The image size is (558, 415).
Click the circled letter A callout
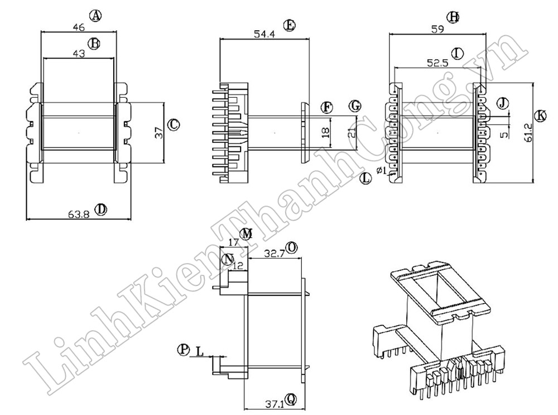point(97,16)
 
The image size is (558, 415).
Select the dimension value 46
point(78,26)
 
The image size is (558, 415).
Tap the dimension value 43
point(78,54)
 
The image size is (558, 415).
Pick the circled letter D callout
point(100,209)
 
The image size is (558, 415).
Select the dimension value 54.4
point(264,34)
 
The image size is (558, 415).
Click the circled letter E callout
point(288,25)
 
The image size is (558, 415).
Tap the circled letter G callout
point(355,106)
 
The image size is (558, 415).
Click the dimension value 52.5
point(438,63)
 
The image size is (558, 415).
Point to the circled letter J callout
point(503,103)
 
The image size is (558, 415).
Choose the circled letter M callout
point(247,233)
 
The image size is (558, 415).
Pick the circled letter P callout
point(183,350)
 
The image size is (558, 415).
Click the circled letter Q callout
point(291,398)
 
